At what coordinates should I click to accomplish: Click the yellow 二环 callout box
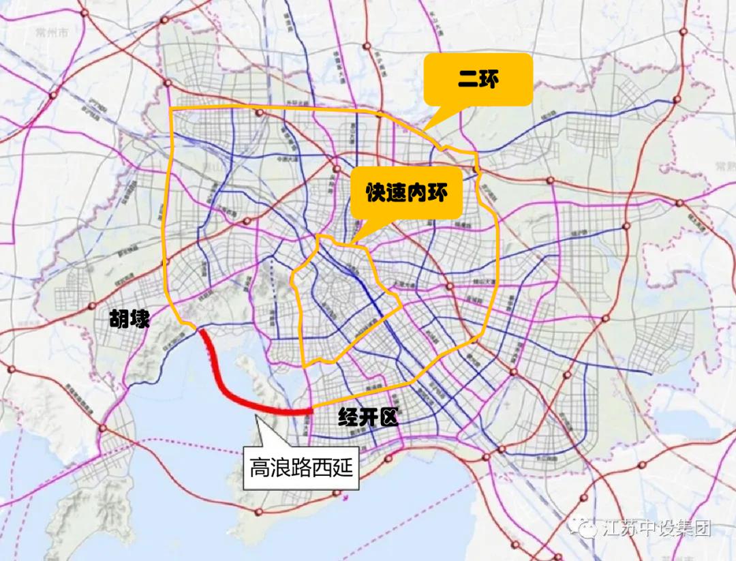478,80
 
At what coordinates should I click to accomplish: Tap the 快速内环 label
407,192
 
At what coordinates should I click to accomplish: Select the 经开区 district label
367,418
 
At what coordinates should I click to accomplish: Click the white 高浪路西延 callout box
302,467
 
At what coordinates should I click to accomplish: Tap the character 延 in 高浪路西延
345,468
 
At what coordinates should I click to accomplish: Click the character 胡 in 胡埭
119,318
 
